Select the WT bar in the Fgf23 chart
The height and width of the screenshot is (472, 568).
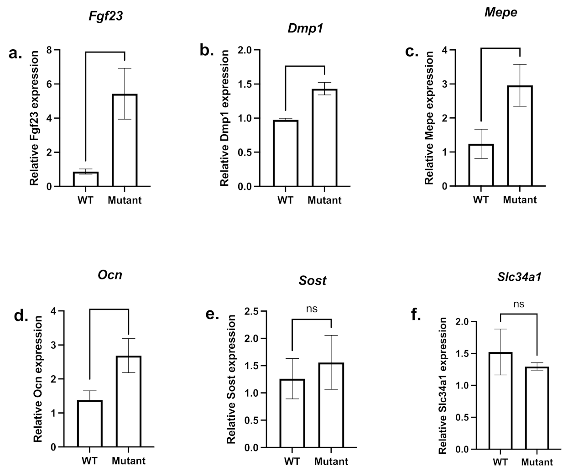(86, 179)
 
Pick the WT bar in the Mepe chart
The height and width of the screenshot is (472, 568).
(481, 165)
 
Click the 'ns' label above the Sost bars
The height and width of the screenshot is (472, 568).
(312, 309)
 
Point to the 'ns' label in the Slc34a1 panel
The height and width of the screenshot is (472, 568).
(519, 304)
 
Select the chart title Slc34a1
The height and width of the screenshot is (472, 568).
(520, 276)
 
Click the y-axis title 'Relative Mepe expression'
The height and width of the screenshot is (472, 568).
(429, 118)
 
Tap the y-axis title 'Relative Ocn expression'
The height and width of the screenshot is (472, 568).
(38, 379)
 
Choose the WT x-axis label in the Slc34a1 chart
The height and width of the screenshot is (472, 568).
(500, 462)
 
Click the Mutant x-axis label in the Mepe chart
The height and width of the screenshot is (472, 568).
(520, 199)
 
